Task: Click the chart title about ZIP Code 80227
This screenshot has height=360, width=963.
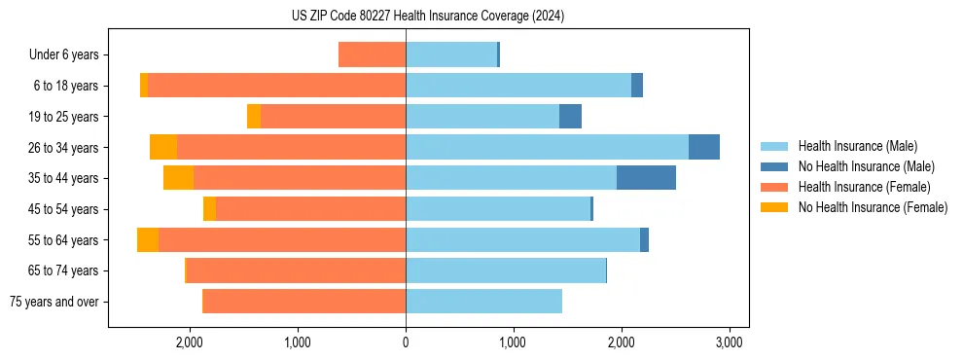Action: tap(428, 17)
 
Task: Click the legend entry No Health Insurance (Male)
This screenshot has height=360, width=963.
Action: tap(866, 166)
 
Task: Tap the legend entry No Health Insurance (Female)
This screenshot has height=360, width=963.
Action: tap(873, 207)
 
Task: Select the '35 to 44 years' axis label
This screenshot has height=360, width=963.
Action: tap(63, 178)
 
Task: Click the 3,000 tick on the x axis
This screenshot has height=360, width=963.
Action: tap(730, 342)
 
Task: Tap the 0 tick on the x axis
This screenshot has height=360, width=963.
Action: tap(406, 342)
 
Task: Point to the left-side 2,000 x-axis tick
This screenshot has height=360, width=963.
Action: tap(190, 342)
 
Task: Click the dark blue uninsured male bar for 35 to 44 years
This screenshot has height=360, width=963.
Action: tap(646, 178)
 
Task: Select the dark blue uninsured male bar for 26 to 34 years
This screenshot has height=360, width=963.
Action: tap(704, 147)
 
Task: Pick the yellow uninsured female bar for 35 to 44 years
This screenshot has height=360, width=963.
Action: tap(178, 178)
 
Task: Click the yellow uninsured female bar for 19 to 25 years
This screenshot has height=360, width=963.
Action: tap(254, 117)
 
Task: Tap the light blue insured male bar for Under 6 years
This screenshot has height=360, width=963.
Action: tap(451, 55)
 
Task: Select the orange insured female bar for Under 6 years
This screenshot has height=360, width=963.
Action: tap(372, 55)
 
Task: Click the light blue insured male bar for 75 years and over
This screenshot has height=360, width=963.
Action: tap(483, 302)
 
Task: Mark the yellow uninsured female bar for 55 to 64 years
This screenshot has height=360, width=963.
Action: tap(148, 240)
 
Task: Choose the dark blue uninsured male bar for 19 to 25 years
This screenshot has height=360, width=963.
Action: tap(570, 117)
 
